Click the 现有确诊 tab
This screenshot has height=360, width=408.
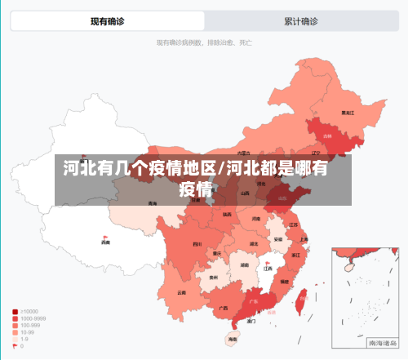(x=108, y=21)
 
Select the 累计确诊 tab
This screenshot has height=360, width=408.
(x=301, y=21)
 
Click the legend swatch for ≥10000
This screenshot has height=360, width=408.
(x=16, y=311)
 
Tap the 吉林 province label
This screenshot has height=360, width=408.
(x=327, y=136)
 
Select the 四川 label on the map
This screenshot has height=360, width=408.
(x=197, y=244)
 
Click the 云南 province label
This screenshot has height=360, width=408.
(x=182, y=292)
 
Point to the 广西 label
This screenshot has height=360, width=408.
(x=223, y=308)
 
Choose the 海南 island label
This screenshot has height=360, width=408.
(x=232, y=339)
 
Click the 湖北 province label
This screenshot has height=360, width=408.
(x=253, y=243)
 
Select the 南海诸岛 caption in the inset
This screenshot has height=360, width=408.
(x=379, y=343)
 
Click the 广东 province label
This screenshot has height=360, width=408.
(x=253, y=301)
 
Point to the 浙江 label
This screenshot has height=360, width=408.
(x=295, y=255)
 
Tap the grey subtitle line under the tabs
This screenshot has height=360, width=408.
(x=204, y=42)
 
